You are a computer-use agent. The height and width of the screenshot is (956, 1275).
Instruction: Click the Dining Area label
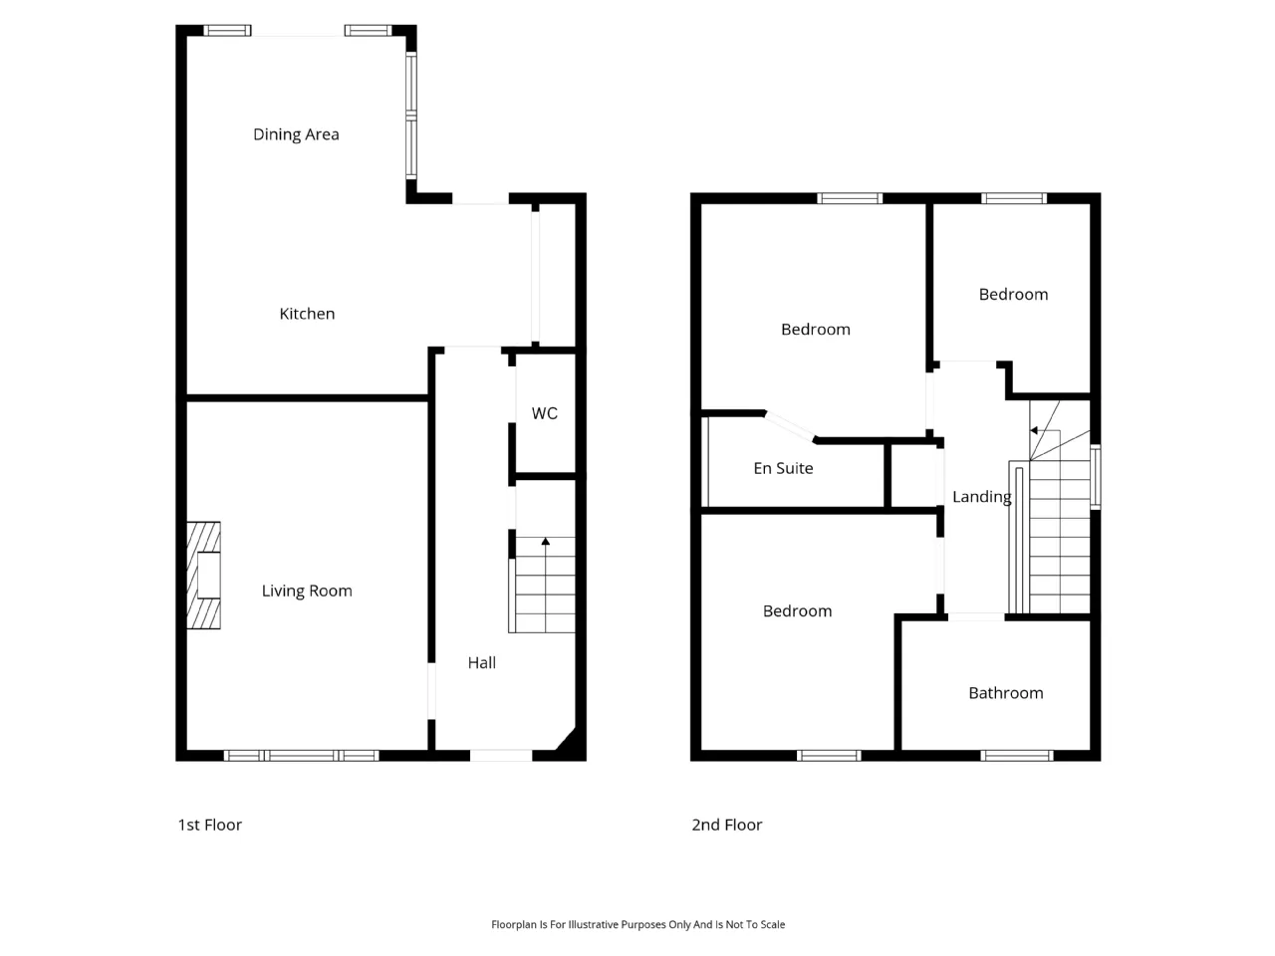(x=296, y=134)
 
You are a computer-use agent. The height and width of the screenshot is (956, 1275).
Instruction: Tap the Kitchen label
(x=307, y=314)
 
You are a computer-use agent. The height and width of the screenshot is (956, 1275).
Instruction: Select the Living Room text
(x=307, y=591)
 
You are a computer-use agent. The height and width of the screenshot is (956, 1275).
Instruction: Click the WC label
(x=544, y=413)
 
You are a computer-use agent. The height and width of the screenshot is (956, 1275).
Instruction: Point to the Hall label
(x=481, y=663)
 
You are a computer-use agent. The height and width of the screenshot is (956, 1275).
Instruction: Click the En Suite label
(x=783, y=468)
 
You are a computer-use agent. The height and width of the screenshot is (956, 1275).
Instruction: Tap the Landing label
(x=982, y=497)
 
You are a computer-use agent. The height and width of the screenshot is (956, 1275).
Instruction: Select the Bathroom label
(x=1005, y=693)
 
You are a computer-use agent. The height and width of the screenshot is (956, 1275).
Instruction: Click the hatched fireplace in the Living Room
(x=203, y=576)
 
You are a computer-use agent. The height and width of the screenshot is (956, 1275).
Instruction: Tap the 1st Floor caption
(x=210, y=825)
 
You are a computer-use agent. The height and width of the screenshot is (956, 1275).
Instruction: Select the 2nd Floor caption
(x=727, y=825)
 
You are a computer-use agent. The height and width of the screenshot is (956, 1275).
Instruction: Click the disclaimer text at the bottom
(x=637, y=925)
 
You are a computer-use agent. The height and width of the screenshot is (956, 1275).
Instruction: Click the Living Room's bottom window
(x=302, y=756)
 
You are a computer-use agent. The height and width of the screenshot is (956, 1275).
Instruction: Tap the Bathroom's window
(x=1017, y=756)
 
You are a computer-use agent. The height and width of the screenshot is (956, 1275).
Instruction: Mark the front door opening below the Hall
(x=501, y=756)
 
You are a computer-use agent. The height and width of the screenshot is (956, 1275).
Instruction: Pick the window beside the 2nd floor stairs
(x=1095, y=477)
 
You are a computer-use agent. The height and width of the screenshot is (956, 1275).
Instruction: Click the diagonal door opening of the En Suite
(x=791, y=427)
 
